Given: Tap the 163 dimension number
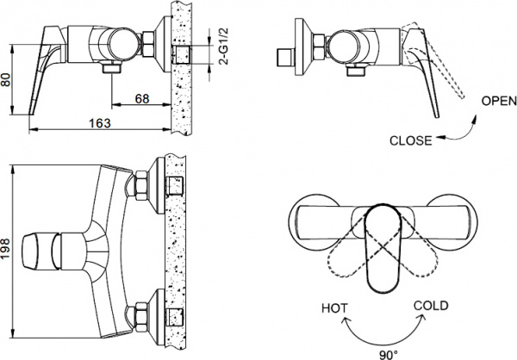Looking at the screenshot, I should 101,123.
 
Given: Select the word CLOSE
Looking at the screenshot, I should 411,140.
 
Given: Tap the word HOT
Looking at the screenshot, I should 333,307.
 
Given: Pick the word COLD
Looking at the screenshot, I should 431,305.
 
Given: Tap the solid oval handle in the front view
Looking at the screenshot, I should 380,250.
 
